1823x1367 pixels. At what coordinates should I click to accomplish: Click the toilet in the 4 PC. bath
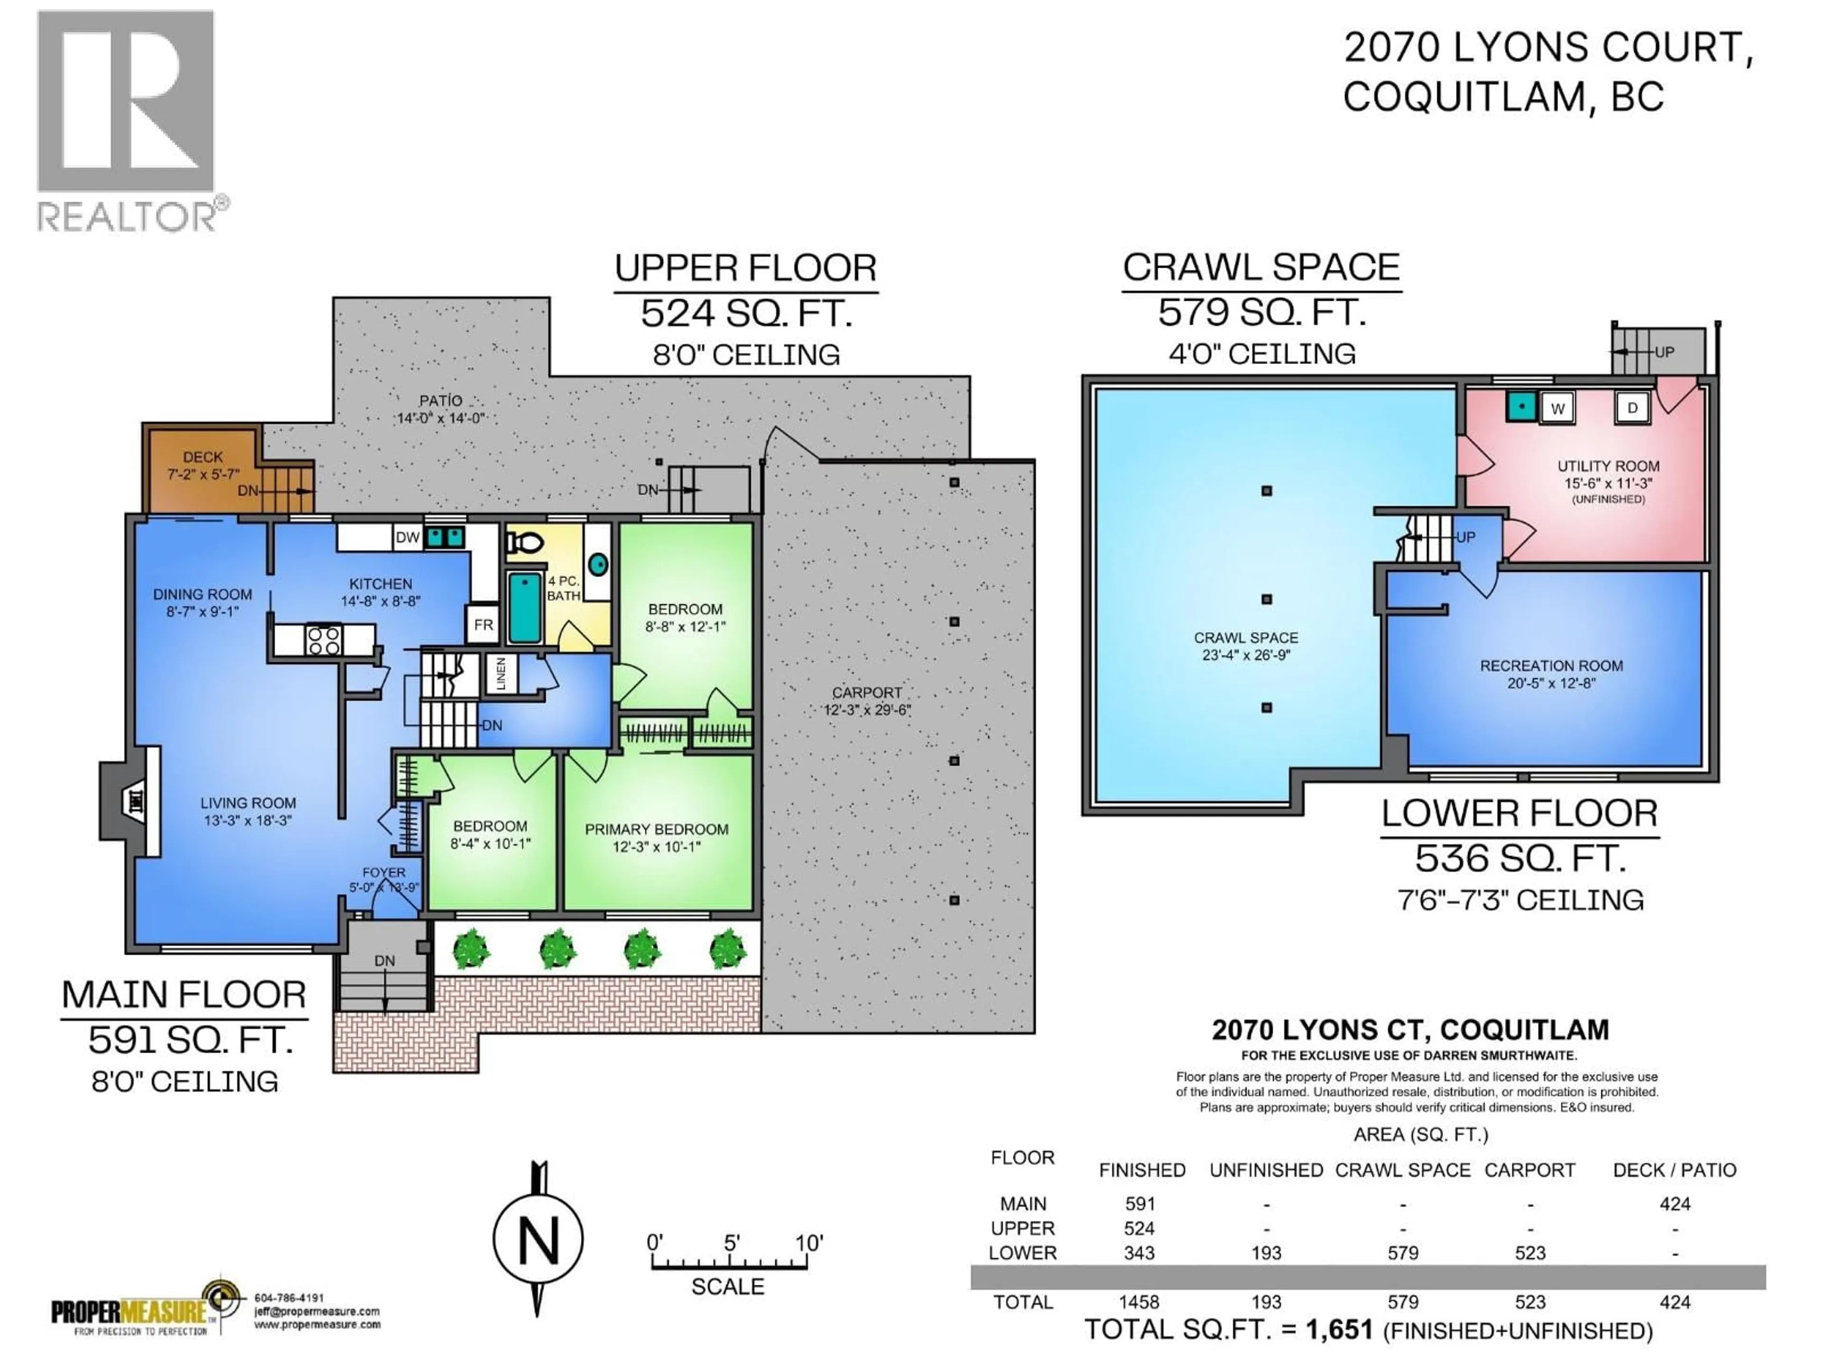526,542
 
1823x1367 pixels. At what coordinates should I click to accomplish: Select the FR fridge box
483,625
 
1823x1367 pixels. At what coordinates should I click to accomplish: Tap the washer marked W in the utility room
1557,408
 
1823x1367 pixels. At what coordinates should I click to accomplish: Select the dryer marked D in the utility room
1632,408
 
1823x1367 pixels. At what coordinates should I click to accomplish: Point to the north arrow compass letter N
538,1240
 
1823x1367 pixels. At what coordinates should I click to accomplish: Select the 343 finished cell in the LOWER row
1139,1253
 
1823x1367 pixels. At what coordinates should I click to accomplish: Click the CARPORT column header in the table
1530,1170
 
